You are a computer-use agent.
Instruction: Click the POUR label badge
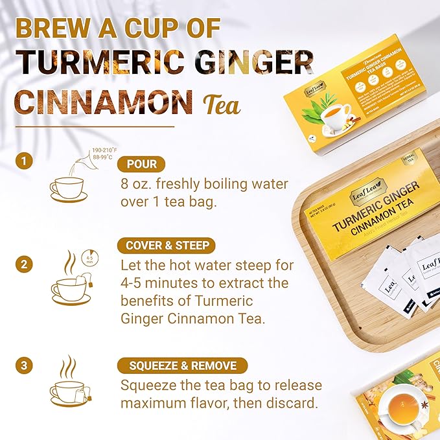coord(141,164)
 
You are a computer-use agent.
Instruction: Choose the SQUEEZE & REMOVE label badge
coord(181,365)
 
